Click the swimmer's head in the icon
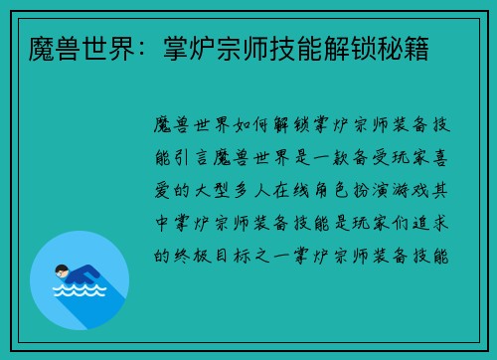(61, 270)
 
